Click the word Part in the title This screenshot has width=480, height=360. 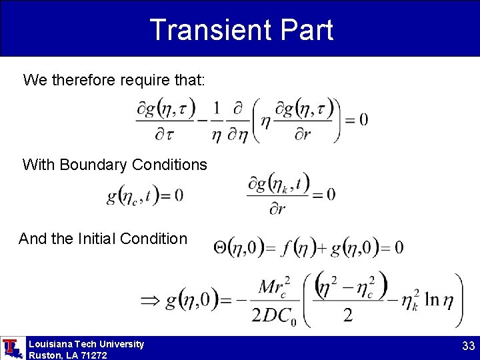tap(304, 30)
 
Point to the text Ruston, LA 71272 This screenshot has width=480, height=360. tap(67, 355)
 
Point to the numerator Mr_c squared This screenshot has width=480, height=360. tap(273, 287)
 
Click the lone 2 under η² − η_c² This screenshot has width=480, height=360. tap(348, 315)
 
